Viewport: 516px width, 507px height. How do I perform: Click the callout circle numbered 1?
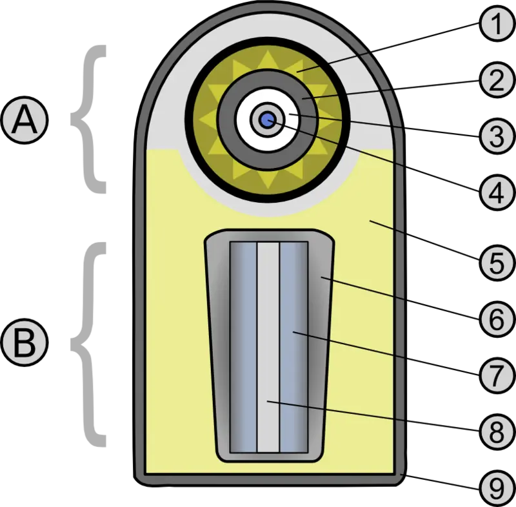pyautogui.click(x=497, y=24)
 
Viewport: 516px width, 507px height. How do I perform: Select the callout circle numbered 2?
pyautogui.click(x=497, y=79)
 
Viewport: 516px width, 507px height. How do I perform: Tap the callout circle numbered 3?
pyautogui.click(x=497, y=136)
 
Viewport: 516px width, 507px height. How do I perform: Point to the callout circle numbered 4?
pyautogui.click(x=497, y=192)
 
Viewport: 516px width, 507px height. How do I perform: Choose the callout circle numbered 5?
pyautogui.click(x=497, y=263)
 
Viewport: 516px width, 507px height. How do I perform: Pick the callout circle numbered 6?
pyautogui.click(x=497, y=319)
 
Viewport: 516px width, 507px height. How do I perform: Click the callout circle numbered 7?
pyautogui.click(x=497, y=375)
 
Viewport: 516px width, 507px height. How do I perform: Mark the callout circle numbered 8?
pyautogui.click(x=497, y=431)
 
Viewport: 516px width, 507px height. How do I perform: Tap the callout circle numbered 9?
pyautogui.click(x=497, y=488)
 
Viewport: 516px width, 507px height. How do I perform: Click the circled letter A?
pyautogui.click(x=25, y=120)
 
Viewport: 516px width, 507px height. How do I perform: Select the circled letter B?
pyautogui.click(x=25, y=342)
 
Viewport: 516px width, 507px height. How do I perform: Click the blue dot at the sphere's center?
pyautogui.click(x=268, y=119)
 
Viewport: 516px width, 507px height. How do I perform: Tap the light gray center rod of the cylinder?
pyautogui.click(x=268, y=347)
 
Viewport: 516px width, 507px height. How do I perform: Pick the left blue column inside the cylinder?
pyautogui.click(x=244, y=347)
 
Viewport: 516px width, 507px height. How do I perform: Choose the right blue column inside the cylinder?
pyautogui.click(x=293, y=347)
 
